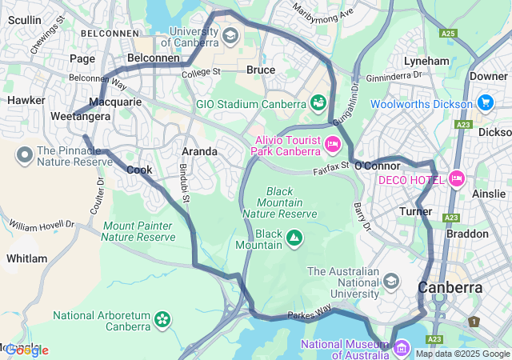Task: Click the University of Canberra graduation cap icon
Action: [230, 36]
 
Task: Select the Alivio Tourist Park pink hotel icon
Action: [333, 145]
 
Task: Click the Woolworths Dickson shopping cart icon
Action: [484, 103]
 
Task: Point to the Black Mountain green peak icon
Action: [294, 238]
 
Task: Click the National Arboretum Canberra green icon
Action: [162, 320]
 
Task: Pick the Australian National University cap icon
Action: [390, 280]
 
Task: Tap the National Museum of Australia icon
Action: [401, 348]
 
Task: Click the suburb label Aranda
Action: [199, 151]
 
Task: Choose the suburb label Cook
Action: [139, 170]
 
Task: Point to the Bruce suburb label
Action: [261, 70]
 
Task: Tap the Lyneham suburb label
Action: [426, 61]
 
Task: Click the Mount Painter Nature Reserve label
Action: [138, 231]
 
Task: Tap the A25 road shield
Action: [448, 34]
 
